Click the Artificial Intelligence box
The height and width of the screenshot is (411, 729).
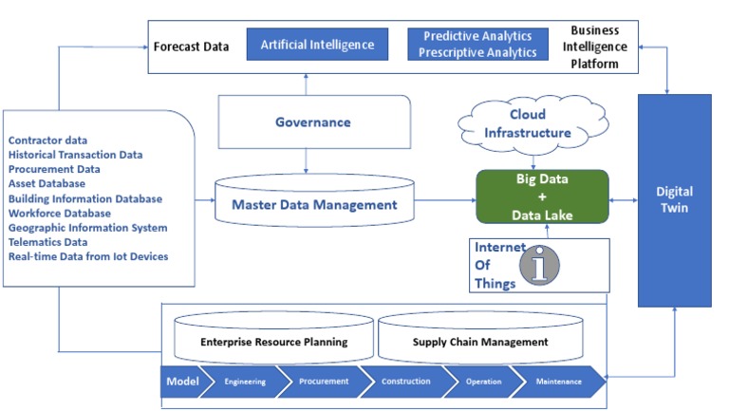pos(317,44)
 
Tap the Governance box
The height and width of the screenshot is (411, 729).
pos(312,122)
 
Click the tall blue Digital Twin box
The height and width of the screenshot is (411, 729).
pos(673,199)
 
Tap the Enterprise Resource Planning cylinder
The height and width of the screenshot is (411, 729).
pos(273,340)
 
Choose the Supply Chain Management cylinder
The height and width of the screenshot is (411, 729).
pos(480,340)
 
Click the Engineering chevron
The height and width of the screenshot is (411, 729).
pos(245,382)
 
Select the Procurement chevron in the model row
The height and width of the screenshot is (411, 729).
pos(323,382)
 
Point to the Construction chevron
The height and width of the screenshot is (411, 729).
pos(405,382)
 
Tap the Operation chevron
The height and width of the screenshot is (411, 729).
pos(483,382)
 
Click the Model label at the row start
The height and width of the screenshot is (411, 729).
pos(182,382)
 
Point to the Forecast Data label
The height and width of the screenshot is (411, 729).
pos(191,46)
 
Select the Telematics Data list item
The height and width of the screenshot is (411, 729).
pos(48,242)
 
